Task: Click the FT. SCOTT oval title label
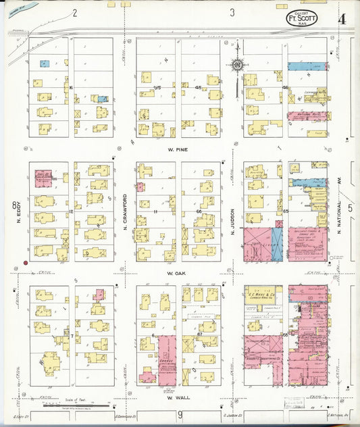tap(302, 19)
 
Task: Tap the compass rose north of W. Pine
tap(237, 66)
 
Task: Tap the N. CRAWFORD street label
tap(126, 211)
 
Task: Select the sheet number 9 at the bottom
tap(180, 413)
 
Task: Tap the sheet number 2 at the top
tap(74, 12)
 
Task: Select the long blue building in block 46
tap(307, 67)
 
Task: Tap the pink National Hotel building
tap(307, 116)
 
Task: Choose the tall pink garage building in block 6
tap(167, 358)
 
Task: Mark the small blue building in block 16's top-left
tap(44, 64)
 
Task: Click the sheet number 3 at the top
tap(232, 12)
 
